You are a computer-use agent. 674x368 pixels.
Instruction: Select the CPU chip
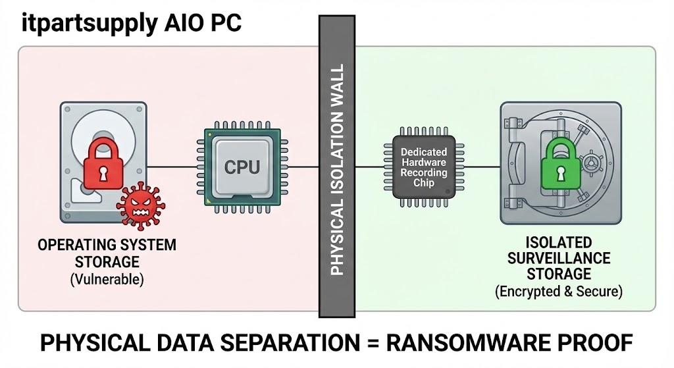pyautogui.click(x=242, y=167)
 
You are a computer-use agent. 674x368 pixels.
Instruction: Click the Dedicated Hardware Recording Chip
pyautogui.click(x=424, y=167)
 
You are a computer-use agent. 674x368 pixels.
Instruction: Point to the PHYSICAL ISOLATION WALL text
pyautogui.click(x=337, y=170)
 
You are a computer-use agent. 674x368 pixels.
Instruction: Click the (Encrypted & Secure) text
pyautogui.click(x=559, y=290)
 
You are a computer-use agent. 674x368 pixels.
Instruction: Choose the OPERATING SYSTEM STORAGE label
pyautogui.click(x=107, y=253)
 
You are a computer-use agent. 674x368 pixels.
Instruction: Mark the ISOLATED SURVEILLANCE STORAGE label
pyautogui.click(x=559, y=258)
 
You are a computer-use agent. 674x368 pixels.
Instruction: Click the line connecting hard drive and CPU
pyautogui.click(x=172, y=167)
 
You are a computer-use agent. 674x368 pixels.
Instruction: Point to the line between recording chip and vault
pyautogui.click(x=477, y=167)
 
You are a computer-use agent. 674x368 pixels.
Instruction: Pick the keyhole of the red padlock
pyautogui.click(x=103, y=173)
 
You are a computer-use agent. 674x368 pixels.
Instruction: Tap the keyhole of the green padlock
pyautogui.click(x=559, y=174)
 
